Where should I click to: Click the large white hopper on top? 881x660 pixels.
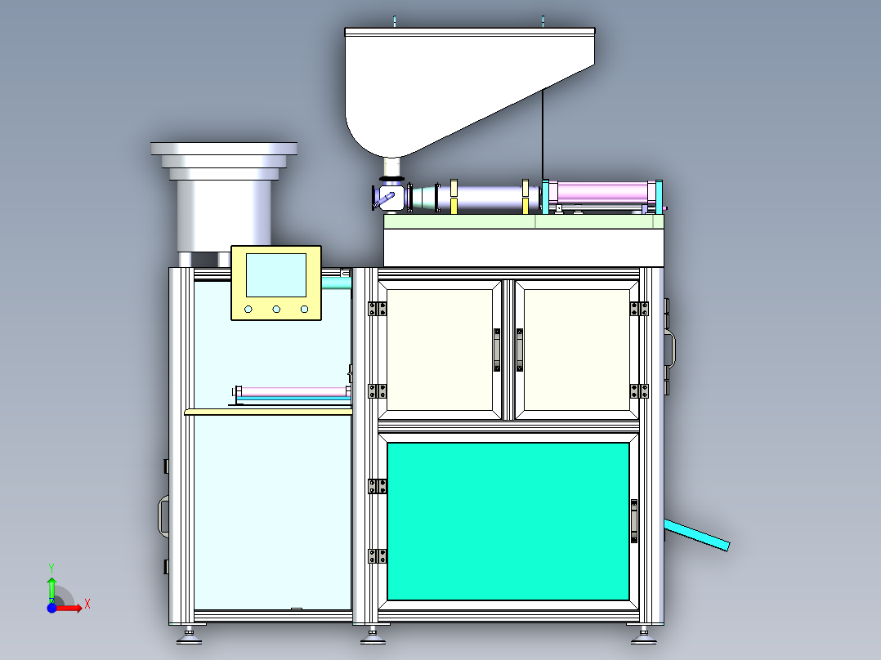[449, 84]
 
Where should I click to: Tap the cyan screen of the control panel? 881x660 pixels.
[276, 275]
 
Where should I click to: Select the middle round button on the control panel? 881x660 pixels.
[276, 310]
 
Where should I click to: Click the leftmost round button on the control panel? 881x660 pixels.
[248, 310]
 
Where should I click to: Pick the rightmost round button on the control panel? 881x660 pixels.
[304, 310]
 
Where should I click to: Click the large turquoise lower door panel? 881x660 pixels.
[508, 521]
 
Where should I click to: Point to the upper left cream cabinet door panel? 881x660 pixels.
[440, 350]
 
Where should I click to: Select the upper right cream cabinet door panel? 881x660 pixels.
[576, 350]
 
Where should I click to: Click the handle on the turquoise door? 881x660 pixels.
[634, 520]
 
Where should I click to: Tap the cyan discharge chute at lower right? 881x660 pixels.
[696, 535]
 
